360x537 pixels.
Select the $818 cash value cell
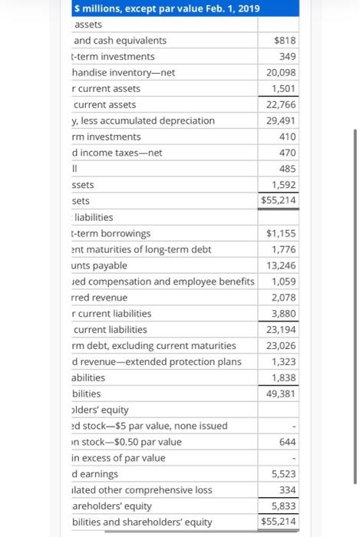(285, 41)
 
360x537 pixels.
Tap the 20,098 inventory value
(281, 72)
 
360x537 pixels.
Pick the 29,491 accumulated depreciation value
(281, 120)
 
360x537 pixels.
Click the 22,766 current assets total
(281, 104)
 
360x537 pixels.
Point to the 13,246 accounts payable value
(281, 265)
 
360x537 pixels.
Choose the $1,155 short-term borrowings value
(281, 233)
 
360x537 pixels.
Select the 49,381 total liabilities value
(281, 394)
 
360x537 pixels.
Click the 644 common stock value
(287, 442)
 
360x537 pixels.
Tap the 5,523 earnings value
(284, 474)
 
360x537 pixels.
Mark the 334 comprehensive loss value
(287, 490)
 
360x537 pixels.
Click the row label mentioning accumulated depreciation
(144, 120)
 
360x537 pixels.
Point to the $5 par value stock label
(150, 426)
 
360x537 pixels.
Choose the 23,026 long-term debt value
(281, 345)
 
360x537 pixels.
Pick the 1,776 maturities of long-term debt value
(284, 249)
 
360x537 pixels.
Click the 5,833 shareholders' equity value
(284, 506)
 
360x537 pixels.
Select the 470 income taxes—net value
(287, 153)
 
